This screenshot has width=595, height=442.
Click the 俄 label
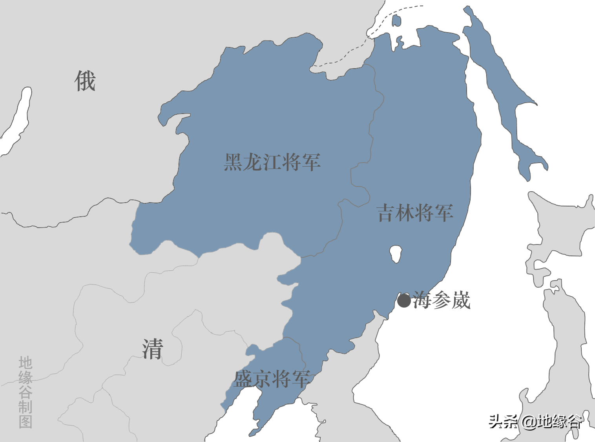tap(85, 81)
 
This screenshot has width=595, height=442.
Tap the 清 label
tap(152, 349)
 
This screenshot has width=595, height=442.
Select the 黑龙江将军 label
tap(272, 162)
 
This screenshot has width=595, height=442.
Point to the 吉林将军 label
tap(415, 213)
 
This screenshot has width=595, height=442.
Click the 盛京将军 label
tap(272, 379)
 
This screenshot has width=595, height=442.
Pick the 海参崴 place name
tap(442, 301)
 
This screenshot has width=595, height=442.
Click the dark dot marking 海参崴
tap(404, 301)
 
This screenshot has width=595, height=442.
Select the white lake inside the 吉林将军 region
tap(396, 254)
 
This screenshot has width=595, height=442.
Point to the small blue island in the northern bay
tap(396, 20)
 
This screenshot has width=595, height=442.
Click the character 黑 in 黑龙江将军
tap(233, 162)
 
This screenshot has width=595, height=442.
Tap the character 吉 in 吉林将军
tap(386, 213)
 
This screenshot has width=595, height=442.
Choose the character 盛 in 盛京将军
tap(243, 379)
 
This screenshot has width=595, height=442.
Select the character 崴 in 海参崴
tap(461, 301)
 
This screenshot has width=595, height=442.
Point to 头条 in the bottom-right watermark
tap(503, 422)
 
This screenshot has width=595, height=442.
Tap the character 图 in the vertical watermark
tap(26, 421)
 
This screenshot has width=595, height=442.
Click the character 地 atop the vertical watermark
tap(26, 363)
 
